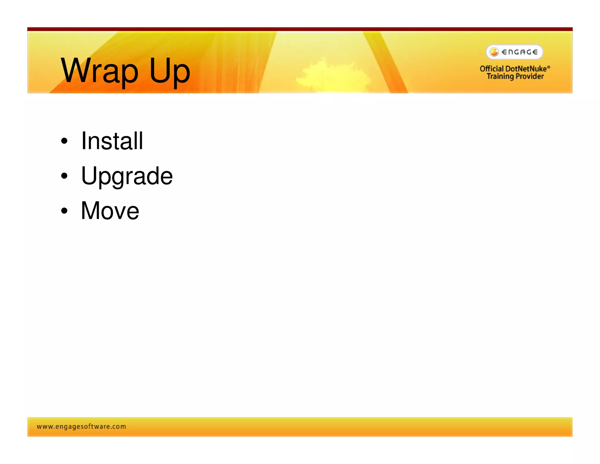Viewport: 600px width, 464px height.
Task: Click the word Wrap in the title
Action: pyautogui.click(x=99, y=71)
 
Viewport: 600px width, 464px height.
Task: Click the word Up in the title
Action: pyautogui.click(x=170, y=71)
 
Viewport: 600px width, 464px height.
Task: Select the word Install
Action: pyautogui.click(x=112, y=141)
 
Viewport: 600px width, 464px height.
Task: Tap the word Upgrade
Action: pyautogui.click(x=127, y=176)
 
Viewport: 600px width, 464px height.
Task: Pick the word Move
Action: pyautogui.click(x=110, y=211)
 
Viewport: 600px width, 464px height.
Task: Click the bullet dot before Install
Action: pyautogui.click(x=64, y=141)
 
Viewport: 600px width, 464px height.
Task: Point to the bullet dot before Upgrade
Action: pyautogui.click(x=64, y=176)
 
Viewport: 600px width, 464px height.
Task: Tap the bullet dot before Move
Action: pyautogui.click(x=64, y=211)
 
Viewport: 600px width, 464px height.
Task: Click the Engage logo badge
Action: pyautogui.click(x=514, y=52)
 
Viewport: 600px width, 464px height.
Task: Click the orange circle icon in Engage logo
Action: pyautogui.click(x=494, y=52)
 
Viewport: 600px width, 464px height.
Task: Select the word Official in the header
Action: pyautogui.click(x=492, y=69)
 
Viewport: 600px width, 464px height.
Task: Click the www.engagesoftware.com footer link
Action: pyautogui.click(x=81, y=426)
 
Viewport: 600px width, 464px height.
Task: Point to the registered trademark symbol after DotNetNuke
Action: pyautogui.click(x=549, y=67)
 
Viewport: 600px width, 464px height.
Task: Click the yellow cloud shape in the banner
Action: pyautogui.click(x=331, y=75)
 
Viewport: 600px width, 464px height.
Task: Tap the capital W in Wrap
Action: pyautogui.click(x=76, y=70)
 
